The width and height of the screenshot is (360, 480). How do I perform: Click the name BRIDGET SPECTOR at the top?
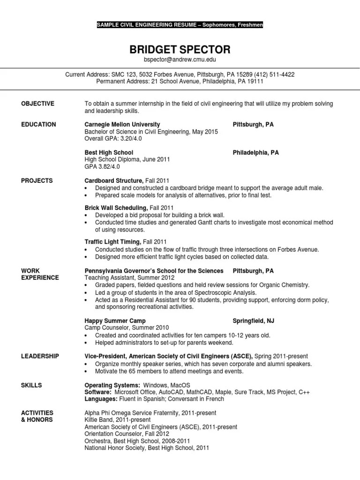180,49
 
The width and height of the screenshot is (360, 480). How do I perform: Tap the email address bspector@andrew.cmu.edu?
180,60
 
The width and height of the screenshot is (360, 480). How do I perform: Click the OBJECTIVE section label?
38,104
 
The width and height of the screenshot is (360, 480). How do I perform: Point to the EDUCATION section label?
38,125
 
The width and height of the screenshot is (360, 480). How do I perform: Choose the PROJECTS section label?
37,180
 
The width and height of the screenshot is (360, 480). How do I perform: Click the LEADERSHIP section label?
40,356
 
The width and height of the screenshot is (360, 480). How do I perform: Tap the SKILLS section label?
31,385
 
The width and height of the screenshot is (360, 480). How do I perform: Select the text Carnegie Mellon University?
122,125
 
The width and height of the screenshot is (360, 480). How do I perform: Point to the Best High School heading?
109,153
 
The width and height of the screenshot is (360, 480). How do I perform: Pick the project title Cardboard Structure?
113,180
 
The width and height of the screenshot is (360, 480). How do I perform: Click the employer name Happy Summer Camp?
112,321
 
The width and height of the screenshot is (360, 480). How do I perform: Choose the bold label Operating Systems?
112,385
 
